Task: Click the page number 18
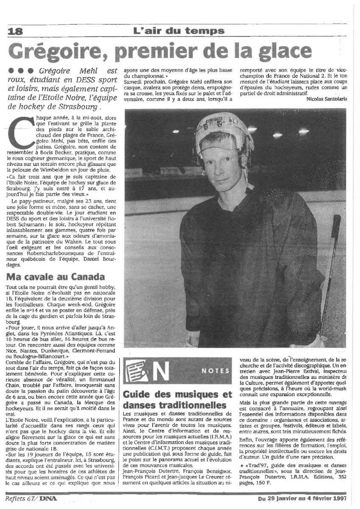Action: pos(14,31)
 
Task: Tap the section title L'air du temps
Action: pos(179,31)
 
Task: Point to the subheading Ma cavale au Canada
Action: pos(56,277)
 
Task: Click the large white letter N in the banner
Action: pos(161,371)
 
